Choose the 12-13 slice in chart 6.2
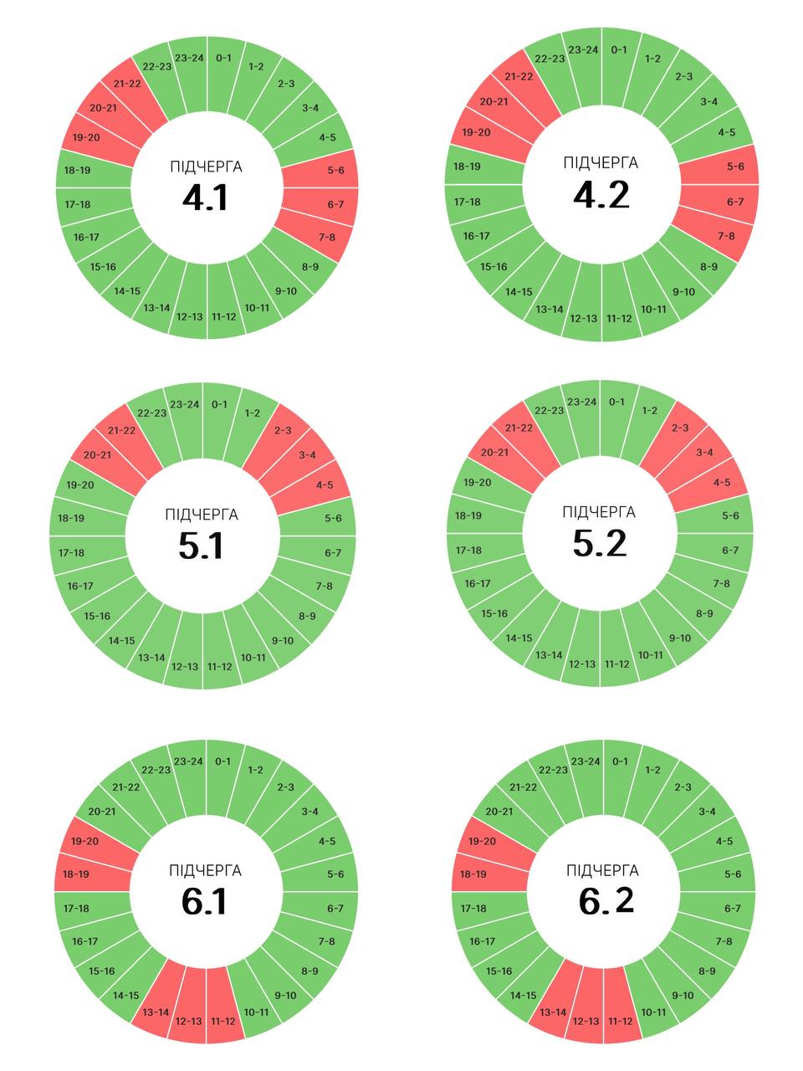585,1021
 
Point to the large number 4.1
205,198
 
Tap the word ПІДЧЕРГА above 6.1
205,871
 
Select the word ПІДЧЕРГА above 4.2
601,162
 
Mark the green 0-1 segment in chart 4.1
223,59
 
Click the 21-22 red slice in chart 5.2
519,428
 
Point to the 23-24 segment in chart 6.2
585,761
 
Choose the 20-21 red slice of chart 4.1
103,108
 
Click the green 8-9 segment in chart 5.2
704,613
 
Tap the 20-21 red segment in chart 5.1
96,455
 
